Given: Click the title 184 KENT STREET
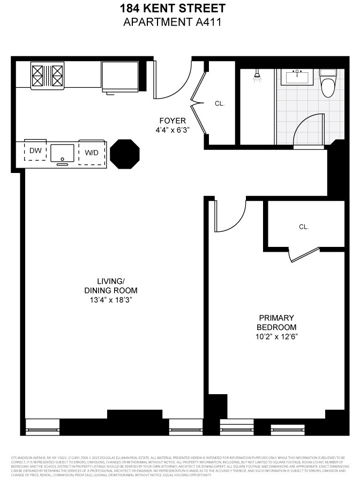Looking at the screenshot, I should (180, 9).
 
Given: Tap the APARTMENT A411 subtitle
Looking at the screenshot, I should (180, 22).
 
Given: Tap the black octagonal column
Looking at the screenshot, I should (125, 154).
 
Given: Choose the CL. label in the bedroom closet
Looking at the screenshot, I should (304, 227).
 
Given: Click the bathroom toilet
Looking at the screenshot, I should (327, 82).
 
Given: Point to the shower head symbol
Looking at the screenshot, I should (258, 77).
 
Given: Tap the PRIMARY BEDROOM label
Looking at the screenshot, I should (276, 322).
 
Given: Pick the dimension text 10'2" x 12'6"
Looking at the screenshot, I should (276, 336).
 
